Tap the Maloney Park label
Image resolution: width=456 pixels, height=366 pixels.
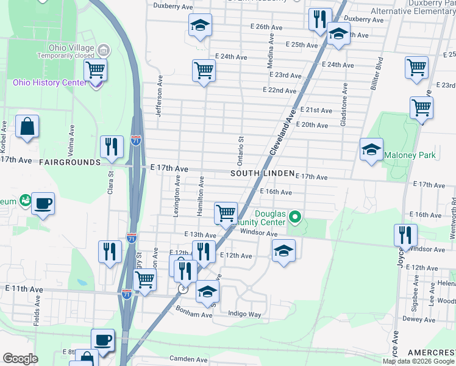tap(410, 155)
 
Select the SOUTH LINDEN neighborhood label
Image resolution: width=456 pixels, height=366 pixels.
tap(262, 174)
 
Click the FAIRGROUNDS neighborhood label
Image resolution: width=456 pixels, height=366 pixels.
tap(69, 162)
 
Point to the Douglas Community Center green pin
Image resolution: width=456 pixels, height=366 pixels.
tap(294, 217)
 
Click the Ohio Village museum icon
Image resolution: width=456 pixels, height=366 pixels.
tap(103, 49)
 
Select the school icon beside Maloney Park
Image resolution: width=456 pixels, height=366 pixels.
tap(371, 149)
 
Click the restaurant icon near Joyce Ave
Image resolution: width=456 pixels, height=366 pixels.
tap(405, 235)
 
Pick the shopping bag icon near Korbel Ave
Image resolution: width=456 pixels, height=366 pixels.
tap(27, 127)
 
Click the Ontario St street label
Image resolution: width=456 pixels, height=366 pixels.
tap(240, 150)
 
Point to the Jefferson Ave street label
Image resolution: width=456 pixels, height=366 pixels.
tap(159, 96)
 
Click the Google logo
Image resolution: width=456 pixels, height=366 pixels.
tap(21, 359)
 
